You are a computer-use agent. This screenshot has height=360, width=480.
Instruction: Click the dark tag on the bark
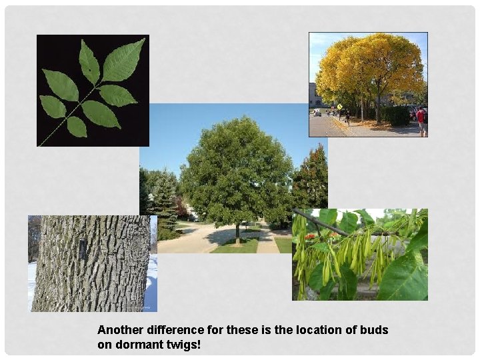83,249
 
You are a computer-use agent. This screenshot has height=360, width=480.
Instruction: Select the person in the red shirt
421,118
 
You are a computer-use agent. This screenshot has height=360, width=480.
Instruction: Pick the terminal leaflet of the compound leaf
124,60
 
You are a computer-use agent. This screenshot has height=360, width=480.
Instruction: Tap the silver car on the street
317,113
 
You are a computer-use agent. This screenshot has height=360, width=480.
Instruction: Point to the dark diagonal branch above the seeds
320,221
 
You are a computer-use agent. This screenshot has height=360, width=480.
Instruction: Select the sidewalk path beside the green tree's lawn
267,241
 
